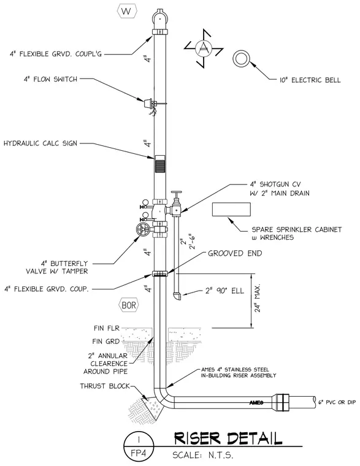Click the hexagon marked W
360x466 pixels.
(x=127, y=11)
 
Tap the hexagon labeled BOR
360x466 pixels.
(x=129, y=305)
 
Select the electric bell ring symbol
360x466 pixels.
(x=241, y=58)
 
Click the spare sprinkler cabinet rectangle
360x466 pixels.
(x=231, y=210)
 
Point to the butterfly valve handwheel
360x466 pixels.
(x=143, y=229)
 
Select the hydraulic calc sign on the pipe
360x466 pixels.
(x=159, y=164)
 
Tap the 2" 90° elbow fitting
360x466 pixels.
(x=177, y=296)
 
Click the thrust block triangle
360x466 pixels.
(x=153, y=407)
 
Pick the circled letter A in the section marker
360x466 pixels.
(x=204, y=48)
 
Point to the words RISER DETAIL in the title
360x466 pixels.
(x=228, y=438)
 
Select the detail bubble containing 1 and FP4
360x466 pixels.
(x=139, y=446)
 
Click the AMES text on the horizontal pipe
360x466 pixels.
(x=256, y=403)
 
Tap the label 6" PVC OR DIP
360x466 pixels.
(x=337, y=402)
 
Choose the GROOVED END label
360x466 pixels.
(x=235, y=253)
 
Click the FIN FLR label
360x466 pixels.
(x=107, y=328)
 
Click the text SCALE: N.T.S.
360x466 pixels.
(x=203, y=456)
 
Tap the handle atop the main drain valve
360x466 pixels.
(x=176, y=193)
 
